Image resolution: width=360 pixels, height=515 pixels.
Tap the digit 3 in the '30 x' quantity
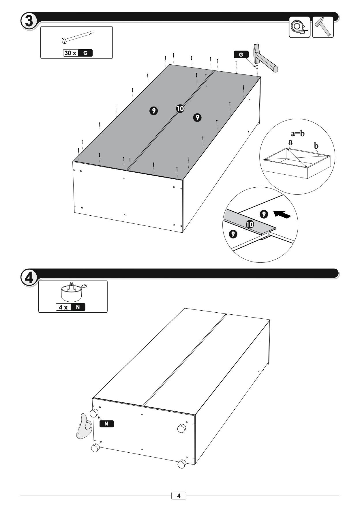click(66, 53)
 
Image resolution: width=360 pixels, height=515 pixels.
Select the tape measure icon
click(299, 27)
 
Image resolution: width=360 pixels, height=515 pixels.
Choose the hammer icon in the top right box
click(323, 27)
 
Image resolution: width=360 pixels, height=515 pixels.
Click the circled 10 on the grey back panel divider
click(180, 109)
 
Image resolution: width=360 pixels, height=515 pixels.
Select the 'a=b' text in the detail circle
click(298, 133)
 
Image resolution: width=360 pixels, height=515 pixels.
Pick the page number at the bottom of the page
click(179, 496)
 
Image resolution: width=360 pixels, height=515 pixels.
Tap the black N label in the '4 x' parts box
click(78, 307)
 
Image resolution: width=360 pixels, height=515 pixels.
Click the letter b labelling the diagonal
click(316, 146)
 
